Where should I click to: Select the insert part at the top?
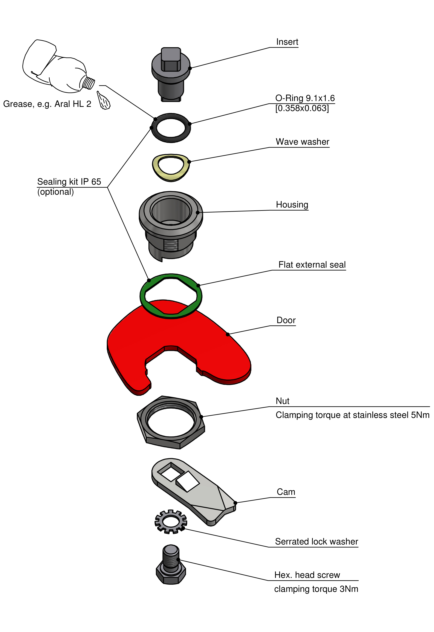coord(171,73)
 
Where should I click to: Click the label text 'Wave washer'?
coord(302,142)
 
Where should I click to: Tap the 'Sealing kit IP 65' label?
coord(69,182)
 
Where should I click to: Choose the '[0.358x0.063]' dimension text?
coord(302,109)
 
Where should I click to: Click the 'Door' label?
coord(286,320)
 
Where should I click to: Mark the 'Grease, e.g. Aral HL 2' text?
coord(47,104)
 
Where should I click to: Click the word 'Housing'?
coord(292,205)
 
